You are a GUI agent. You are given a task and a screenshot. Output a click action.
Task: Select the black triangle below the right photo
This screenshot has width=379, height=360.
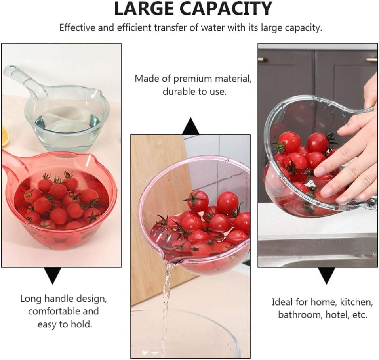tap(326, 275)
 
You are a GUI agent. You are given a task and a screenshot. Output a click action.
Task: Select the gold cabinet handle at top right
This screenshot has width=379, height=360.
tap(371, 60)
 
